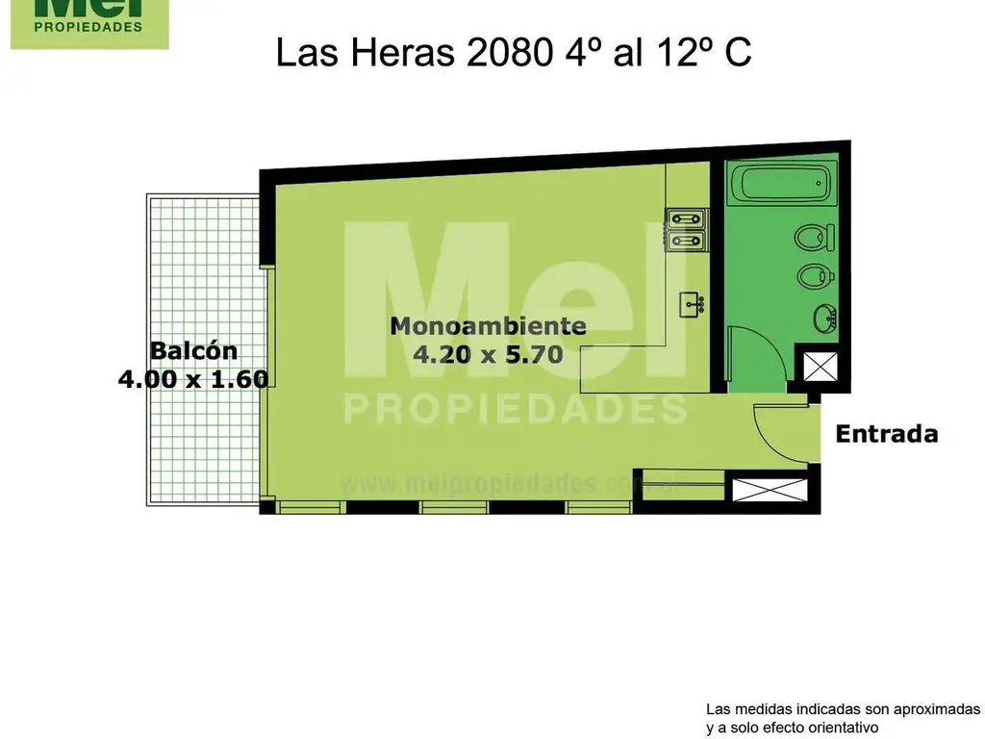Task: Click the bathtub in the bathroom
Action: [x=779, y=184]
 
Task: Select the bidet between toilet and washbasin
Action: [x=814, y=276]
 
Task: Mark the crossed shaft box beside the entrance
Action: [x=759, y=489]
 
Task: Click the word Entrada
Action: [x=886, y=434]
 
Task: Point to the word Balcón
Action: [x=192, y=350]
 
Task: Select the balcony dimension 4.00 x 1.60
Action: [x=192, y=379]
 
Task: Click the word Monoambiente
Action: [x=488, y=325]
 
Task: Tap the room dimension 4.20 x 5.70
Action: [x=488, y=354]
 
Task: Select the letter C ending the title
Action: [x=738, y=53]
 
